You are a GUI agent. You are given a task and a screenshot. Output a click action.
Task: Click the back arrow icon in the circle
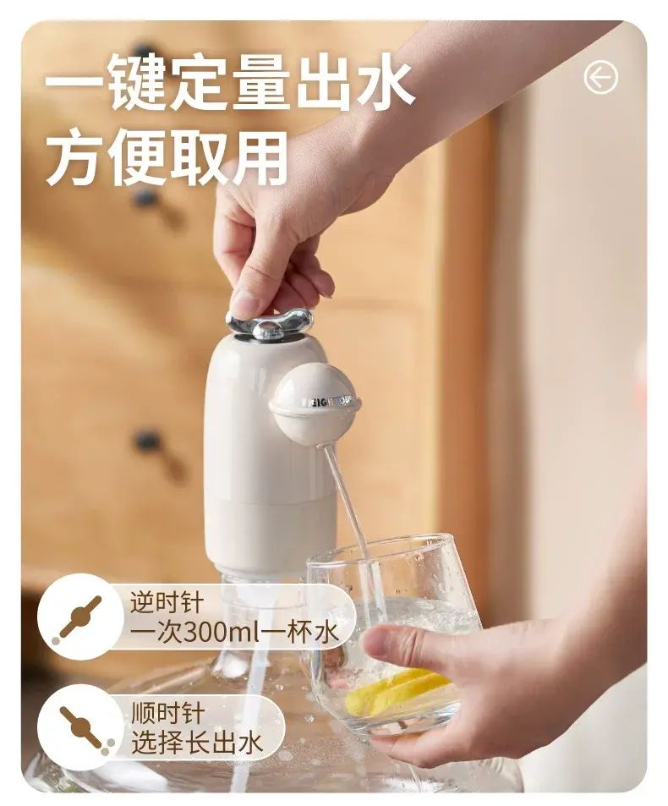600,78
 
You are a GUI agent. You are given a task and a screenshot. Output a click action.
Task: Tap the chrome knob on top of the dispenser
269,325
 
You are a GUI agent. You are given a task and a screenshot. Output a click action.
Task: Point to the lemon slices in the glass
397,691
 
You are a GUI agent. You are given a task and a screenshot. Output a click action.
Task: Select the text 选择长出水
197,743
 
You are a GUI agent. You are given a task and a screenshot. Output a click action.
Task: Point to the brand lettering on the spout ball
333,402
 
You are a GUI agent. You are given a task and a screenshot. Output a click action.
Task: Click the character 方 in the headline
76,156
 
